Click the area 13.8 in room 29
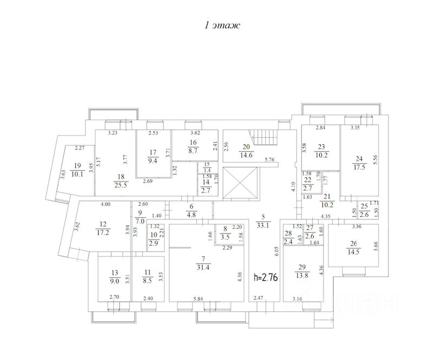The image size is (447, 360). pos(302,275)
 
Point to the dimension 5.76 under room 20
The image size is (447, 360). pos(269,159)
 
